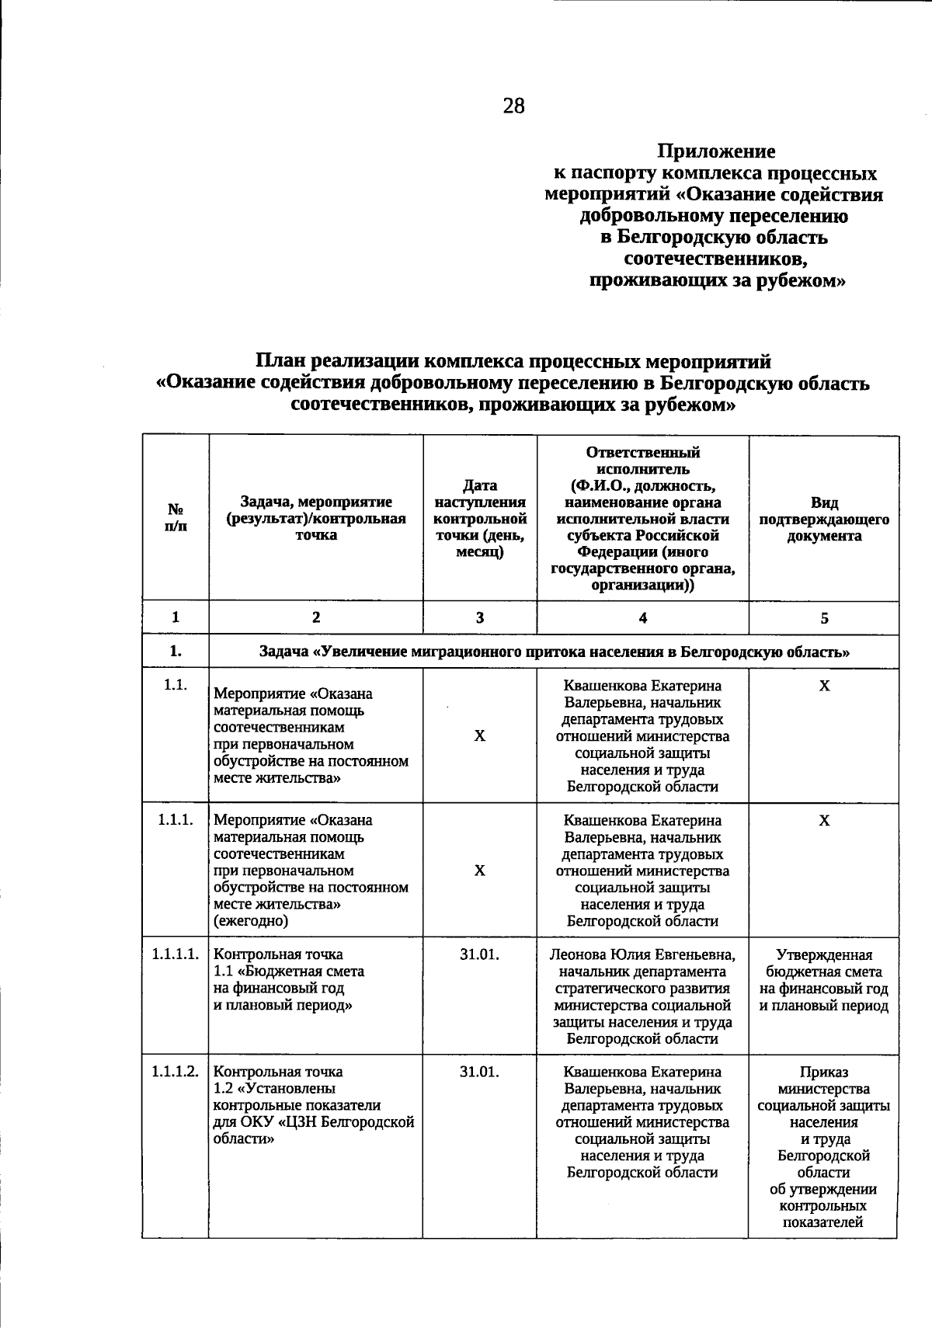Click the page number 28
[513, 106]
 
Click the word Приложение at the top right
[716, 151]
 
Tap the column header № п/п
[176, 518]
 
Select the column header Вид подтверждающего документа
[824, 519]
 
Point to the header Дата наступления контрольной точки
[480, 518]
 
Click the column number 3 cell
[480, 618]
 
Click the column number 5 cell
[824, 618]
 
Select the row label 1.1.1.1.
[176, 954]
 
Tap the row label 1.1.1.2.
[176, 1072]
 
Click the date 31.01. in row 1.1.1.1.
[479, 954]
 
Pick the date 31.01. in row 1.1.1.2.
[479, 1072]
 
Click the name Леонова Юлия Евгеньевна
[642, 954]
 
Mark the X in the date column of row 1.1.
[480, 735]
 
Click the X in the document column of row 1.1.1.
[824, 821]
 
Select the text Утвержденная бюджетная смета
[824, 963]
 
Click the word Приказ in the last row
[824, 1072]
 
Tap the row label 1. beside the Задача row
[176, 652]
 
